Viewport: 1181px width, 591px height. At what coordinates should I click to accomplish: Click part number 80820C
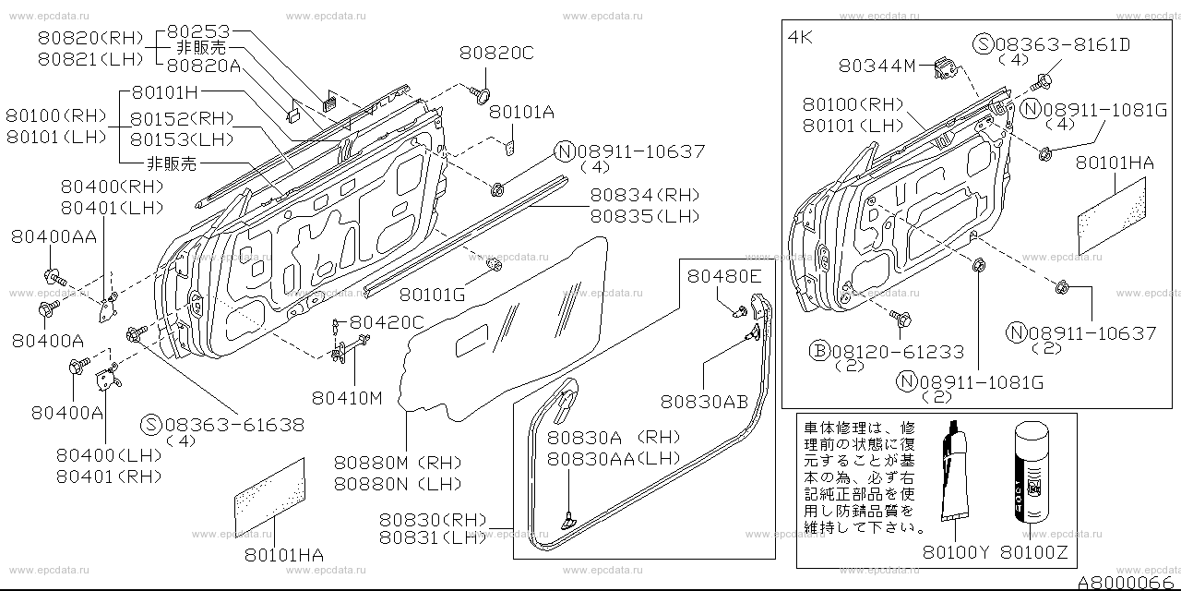coord(496,54)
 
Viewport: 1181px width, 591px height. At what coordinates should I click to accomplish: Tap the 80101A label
coord(521,112)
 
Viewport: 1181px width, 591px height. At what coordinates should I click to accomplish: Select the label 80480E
coord(723,275)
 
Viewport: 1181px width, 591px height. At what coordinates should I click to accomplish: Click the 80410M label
coord(348,397)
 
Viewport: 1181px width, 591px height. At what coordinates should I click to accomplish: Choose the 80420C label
coord(387,322)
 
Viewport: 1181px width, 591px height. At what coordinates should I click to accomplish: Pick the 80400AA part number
coord(54,236)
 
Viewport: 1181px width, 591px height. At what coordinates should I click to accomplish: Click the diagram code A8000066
coord(1132,582)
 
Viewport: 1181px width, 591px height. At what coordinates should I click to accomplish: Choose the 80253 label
coord(198,30)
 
